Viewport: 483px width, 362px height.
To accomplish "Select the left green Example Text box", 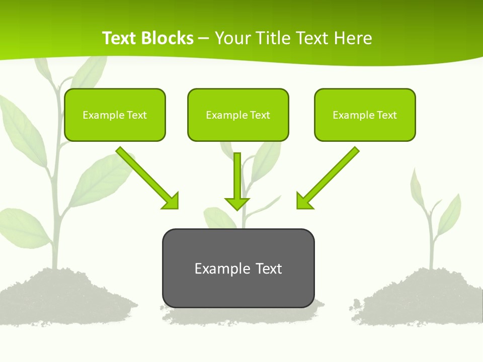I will (115, 115).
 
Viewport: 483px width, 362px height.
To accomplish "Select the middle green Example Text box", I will (238, 115).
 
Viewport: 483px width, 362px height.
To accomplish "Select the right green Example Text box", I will (365, 115).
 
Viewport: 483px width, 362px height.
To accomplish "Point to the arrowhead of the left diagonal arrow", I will (172, 202).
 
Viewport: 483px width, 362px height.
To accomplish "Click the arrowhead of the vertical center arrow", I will (237, 204).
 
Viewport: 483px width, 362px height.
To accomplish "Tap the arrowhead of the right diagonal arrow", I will (303, 202).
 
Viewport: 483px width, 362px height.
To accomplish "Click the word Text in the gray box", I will (269, 268).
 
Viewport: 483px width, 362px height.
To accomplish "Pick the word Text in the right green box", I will (387, 115).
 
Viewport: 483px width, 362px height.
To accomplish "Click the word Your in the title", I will (233, 38).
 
